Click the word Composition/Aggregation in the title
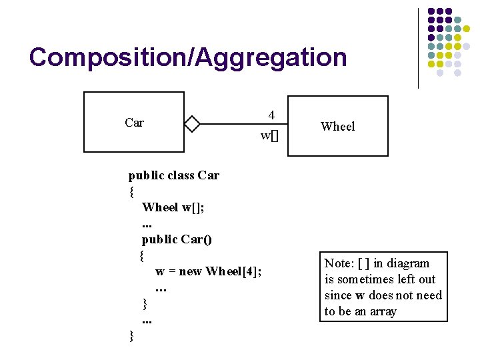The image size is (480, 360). tap(188, 57)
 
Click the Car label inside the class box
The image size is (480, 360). tap(134, 123)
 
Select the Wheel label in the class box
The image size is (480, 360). tap(337, 127)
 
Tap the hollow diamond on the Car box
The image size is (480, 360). tap(192, 124)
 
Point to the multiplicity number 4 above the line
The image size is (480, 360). tap(271, 115)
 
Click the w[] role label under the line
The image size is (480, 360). tap(269, 136)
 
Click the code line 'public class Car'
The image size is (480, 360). tap(173, 176)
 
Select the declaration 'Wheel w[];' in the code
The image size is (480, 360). tap(173, 207)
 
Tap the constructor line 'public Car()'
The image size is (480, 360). tap(177, 239)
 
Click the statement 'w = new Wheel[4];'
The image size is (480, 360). tap(208, 271)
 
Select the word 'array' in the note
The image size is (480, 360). tap(380, 311)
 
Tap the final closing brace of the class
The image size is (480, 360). tap(131, 336)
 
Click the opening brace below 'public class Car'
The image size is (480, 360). tap(131, 192)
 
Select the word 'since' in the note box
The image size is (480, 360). tap(338, 295)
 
